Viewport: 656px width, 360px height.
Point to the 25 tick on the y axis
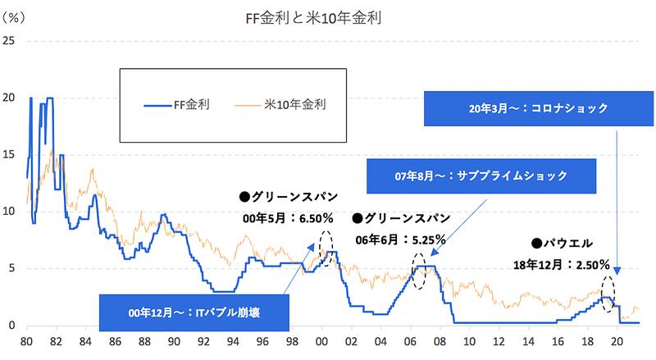coord(10,41)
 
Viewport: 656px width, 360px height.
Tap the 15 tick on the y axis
coord(10,154)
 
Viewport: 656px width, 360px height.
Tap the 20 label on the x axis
coord(617,340)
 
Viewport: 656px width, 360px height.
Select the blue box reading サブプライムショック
coord(479,176)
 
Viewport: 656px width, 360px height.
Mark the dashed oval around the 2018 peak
coord(608,293)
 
